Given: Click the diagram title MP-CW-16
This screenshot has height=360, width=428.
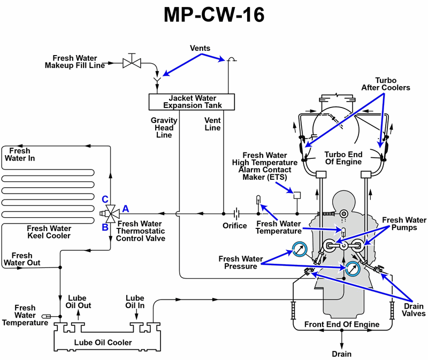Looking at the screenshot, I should click(x=214, y=15).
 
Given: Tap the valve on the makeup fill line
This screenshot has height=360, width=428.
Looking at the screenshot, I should click(x=131, y=62).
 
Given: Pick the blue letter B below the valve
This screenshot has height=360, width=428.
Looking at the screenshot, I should click(x=105, y=226).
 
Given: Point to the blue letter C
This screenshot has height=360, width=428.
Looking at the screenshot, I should click(x=105, y=200).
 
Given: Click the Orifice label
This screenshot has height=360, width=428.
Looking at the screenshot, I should click(x=235, y=226).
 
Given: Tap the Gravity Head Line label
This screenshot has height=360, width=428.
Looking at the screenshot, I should click(x=164, y=128).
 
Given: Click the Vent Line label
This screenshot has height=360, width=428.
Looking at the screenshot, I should click(x=212, y=124).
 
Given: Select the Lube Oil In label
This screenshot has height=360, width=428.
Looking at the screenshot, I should click(x=134, y=302).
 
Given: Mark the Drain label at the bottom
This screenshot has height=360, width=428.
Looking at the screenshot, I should click(x=342, y=354).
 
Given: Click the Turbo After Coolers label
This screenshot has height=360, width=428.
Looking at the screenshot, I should click(x=385, y=83).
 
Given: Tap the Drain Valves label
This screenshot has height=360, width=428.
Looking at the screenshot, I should click(x=412, y=310).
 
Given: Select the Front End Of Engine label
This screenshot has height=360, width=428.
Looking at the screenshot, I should click(x=342, y=324).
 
